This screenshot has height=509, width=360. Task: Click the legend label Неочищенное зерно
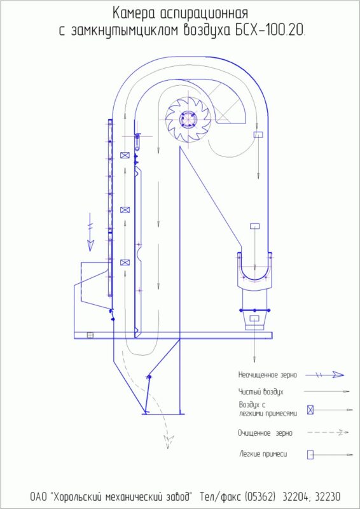pos(268,375)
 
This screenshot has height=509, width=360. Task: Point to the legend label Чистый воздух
pos(260,392)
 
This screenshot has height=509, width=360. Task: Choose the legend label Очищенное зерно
pos(265,433)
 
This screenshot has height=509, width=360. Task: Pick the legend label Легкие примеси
pos(263,454)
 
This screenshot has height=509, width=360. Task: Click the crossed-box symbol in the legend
pos(310,410)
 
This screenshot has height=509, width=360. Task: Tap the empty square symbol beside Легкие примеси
pos(310,454)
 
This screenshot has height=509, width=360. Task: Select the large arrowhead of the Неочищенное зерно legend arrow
pos(338,375)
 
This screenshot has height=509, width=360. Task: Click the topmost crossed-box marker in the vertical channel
pos(125,155)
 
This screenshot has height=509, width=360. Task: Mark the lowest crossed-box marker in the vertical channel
pos(125,262)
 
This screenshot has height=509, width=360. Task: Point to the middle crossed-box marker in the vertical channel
pos(125,210)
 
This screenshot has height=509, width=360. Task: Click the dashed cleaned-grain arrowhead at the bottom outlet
pos(169,442)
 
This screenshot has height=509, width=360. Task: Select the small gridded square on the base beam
pos(90,335)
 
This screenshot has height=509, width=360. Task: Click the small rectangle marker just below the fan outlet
pos(258,134)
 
